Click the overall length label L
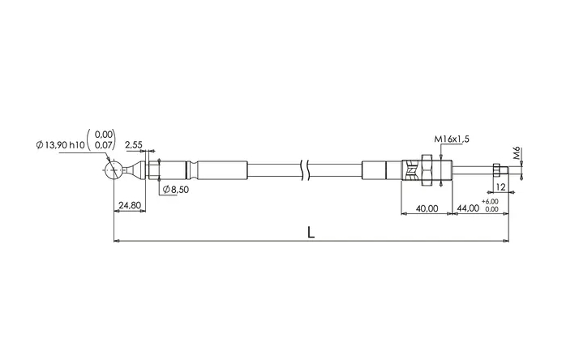pos(311,232)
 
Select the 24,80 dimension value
pos(130,205)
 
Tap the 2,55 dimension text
pos(133,145)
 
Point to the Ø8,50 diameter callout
pos(176,190)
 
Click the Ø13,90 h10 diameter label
pos(61,145)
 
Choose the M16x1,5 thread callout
pos(452,139)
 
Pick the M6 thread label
pos(517,153)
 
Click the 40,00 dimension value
pos(427,208)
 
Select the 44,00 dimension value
pos(468,208)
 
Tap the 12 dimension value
pos(500,187)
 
